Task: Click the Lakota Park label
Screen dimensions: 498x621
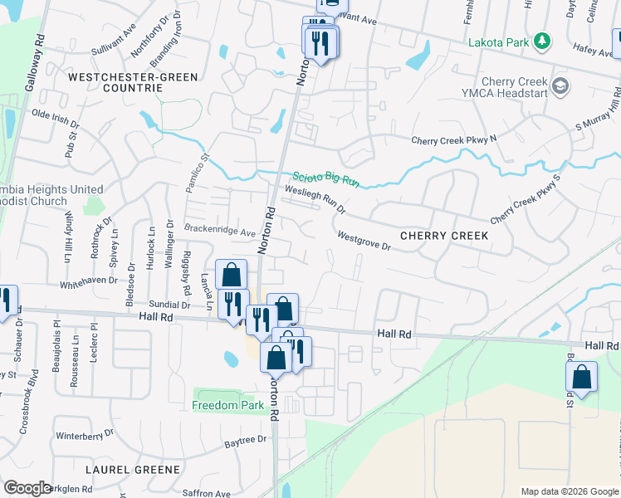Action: [498, 41]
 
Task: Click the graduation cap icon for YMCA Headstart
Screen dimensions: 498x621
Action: [560, 85]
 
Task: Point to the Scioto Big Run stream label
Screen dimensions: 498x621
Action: [325, 178]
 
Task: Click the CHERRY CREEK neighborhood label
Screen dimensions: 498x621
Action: [444, 236]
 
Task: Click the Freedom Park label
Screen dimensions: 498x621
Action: [227, 405]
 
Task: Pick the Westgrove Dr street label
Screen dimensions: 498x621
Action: [364, 242]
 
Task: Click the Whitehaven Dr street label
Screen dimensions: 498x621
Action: [91, 284]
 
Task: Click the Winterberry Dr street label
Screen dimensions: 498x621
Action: [83, 435]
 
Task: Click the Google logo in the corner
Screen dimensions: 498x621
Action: [28, 488]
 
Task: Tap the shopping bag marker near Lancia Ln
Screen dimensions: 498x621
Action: [232, 273]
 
